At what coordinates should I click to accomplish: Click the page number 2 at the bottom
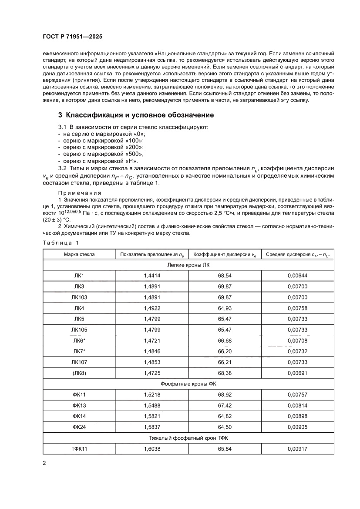[44, 463]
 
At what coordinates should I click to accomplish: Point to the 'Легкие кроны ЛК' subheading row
[188, 265]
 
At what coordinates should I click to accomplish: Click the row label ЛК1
[79, 276]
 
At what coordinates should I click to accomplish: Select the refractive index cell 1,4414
[152, 276]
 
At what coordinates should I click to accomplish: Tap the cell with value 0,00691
[297, 373]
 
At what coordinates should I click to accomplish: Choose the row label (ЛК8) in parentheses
[79, 373]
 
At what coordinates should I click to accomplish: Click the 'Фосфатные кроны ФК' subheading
[188, 384]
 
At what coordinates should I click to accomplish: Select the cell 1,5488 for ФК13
[152, 405]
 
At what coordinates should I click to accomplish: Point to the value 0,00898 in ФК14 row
[297, 416]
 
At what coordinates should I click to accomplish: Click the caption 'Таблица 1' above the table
[61, 243]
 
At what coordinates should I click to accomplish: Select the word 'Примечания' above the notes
[80, 192]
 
